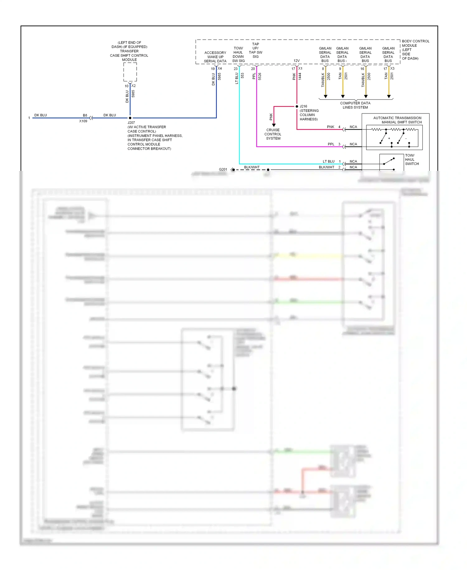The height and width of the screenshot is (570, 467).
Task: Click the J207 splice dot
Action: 130,118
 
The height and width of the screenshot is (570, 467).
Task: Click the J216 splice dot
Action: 297,106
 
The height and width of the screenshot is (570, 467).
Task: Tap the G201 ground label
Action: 223,169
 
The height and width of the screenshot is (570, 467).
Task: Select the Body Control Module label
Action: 415,50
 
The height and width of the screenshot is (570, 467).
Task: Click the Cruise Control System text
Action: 273,134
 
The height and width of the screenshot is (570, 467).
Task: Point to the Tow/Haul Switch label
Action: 412,159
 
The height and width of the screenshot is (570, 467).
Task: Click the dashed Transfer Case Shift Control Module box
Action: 130,72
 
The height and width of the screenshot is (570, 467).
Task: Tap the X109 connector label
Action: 83,121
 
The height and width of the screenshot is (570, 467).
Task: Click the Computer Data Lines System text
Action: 355,105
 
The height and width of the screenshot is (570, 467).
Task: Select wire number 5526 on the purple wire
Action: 260,76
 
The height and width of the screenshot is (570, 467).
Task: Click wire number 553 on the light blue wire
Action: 242,75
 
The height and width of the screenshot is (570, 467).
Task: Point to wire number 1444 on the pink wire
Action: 300,76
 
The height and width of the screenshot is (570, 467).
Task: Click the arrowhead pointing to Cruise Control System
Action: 274,125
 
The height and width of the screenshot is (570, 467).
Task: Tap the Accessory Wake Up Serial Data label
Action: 215,57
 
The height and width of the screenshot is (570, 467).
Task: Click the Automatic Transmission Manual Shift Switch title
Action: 398,120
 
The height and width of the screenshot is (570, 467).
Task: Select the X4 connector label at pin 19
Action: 220,68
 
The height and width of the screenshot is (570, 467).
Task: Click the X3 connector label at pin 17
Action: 392,68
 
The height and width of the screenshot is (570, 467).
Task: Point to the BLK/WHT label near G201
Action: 252,167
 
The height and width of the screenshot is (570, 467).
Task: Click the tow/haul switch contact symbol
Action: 389,161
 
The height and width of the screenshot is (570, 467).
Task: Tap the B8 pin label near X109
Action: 85,115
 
